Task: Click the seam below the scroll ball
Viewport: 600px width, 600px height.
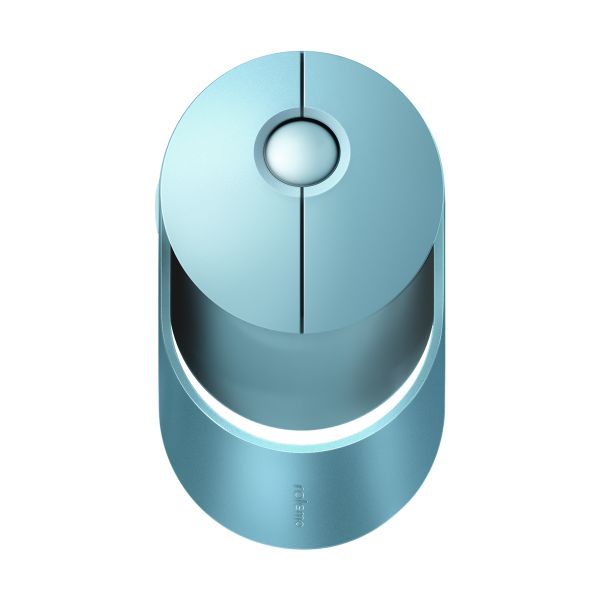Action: pyautogui.click(x=301, y=260)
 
